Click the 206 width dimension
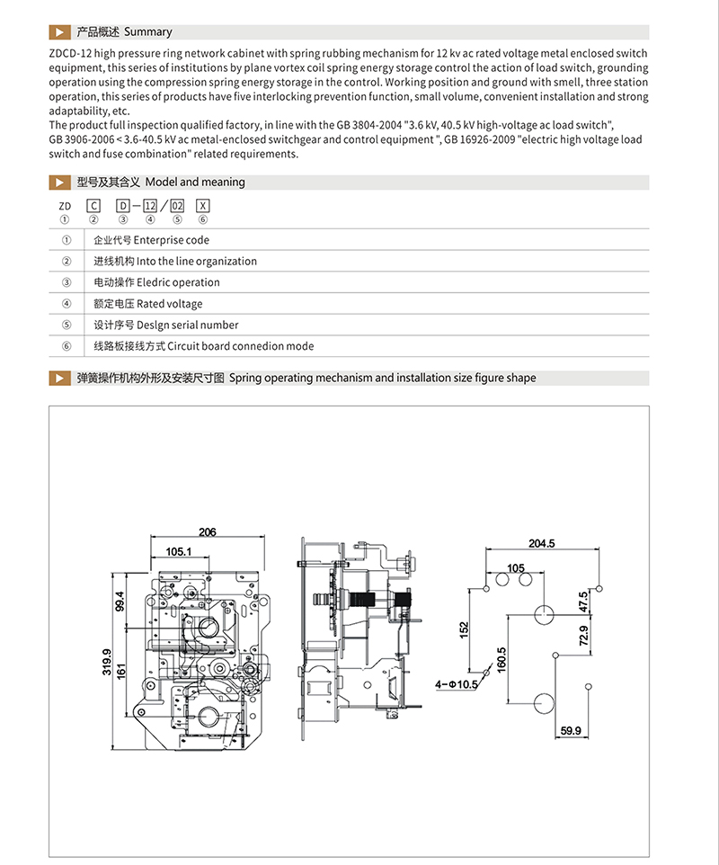208,532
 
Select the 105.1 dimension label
179,551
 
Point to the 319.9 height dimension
108,663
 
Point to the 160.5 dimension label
502,662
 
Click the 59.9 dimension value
571,731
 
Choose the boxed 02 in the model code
177,206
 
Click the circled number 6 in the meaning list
66,346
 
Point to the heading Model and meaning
195,183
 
